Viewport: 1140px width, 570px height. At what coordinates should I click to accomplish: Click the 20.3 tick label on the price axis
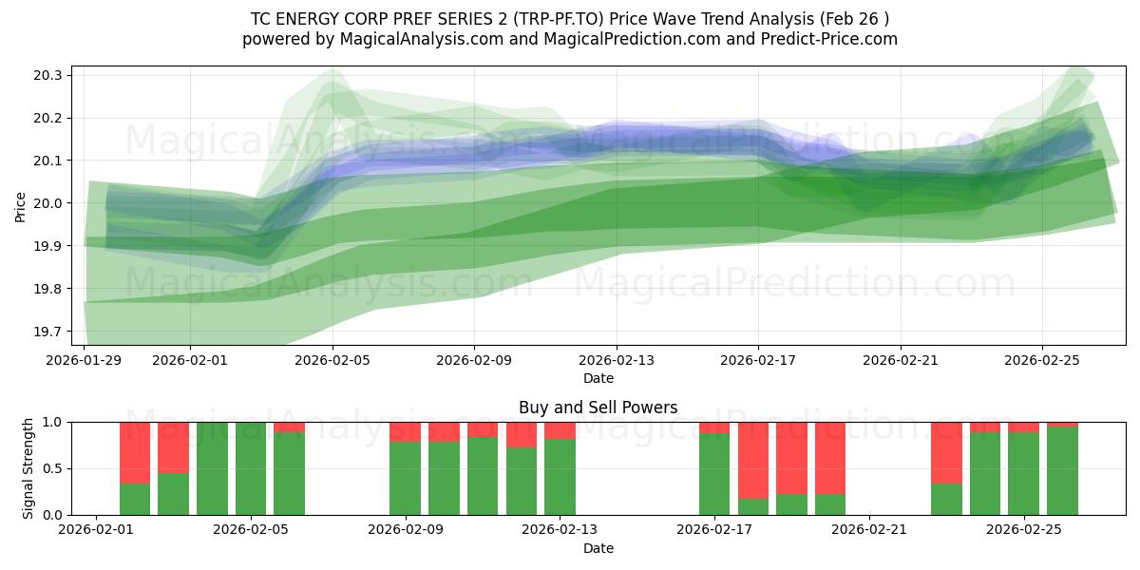(x=49, y=75)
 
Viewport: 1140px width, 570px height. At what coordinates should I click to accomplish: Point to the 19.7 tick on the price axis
(x=49, y=332)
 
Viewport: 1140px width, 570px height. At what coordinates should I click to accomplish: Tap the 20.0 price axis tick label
(x=49, y=203)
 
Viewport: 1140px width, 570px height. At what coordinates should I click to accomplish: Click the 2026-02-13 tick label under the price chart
(x=617, y=360)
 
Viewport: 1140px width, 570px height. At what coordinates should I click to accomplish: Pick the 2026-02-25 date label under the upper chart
(x=1042, y=360)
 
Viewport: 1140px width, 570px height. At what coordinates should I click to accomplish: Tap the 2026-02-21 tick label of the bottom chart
(x=869, y=530)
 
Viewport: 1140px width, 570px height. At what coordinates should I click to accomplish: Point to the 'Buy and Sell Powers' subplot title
(x=598, y=408)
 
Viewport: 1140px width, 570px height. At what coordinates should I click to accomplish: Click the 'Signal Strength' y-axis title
(x=28, y=467)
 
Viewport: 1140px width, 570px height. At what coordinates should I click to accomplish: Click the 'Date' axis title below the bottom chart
(x=598, y=548)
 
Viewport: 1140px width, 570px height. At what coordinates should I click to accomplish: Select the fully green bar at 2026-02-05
(x=251, y=468)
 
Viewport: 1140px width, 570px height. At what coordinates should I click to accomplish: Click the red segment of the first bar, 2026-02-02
(x=135, y=452)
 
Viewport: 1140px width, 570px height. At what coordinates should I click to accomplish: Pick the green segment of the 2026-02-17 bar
(x=714, y=474)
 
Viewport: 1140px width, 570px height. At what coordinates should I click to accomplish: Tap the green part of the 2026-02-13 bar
(x=560, y=477)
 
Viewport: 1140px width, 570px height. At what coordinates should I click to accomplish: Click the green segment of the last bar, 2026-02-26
(x=1062, y=470)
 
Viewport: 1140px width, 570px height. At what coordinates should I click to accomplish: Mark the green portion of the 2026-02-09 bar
(x=406, y=478)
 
